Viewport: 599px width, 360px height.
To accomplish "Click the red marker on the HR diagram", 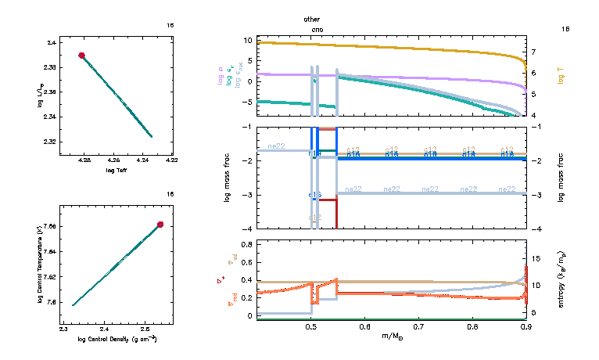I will tap(81, 56).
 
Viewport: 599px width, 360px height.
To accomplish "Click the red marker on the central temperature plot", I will tap(160, 225).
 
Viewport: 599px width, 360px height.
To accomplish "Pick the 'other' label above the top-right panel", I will tap(311, 19).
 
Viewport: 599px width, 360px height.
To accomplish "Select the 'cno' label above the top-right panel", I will tap(311, 29).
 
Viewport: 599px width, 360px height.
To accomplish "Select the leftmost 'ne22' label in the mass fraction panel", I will tap(276, 146).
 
